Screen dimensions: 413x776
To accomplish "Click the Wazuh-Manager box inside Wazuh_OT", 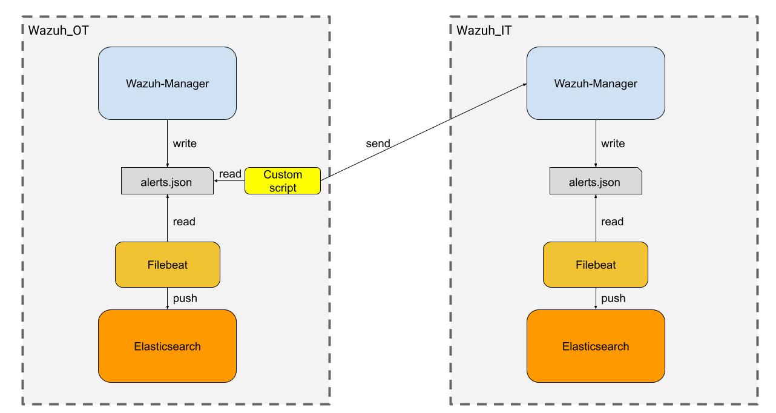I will point(167,83).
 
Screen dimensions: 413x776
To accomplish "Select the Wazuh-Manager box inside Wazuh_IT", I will point(596,83).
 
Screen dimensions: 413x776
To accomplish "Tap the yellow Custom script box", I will point(283,181).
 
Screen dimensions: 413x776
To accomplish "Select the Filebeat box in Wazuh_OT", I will point(167,265).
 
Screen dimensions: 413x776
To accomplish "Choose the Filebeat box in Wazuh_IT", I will point(596,265).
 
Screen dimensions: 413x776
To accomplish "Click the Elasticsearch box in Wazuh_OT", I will point(167,346).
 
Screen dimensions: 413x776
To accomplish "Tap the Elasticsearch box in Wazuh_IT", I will point(596,346).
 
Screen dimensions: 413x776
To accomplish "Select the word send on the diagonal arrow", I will point(378,144).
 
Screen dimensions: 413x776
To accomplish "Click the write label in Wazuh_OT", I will point(185,144).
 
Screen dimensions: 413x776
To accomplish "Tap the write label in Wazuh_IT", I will point(613,144).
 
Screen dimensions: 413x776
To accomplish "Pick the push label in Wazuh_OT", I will point(185,298).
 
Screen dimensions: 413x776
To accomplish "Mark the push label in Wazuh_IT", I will point(613,298).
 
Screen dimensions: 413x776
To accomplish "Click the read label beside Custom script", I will point(230,174).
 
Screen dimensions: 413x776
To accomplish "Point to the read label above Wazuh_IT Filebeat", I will point(612,222).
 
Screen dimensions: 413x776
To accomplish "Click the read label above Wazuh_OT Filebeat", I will point(184,222).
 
